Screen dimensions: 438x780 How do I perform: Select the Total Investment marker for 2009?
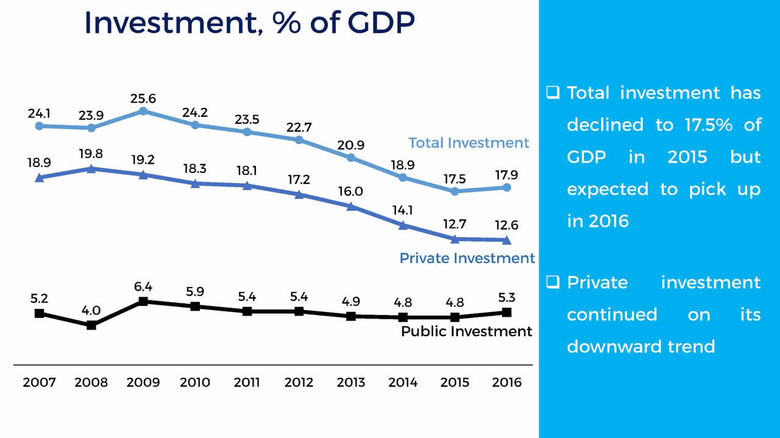click(143, 111)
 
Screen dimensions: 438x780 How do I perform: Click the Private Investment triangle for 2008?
click(91, 168)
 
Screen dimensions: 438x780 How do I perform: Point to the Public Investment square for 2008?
click(91, 325)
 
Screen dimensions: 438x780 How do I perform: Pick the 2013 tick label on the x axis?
click(351, 383)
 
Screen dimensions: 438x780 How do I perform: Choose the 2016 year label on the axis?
click(507, 383)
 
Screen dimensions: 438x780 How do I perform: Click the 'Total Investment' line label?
click(469, 143)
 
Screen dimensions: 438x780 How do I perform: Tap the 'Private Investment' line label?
click(467, 258)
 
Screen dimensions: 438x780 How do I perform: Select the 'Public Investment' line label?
click(467, 331)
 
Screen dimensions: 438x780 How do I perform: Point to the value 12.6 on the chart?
click(507, 225)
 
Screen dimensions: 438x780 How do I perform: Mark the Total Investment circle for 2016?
click(507, 187)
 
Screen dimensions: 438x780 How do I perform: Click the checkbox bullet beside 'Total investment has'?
click(553, 93)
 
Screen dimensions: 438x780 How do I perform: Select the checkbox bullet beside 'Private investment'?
click(553, 282)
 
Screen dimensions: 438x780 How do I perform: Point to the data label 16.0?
click(351, 191)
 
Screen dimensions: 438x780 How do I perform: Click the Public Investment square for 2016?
click(507, 312)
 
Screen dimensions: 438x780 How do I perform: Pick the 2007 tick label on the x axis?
click(40, 383)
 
